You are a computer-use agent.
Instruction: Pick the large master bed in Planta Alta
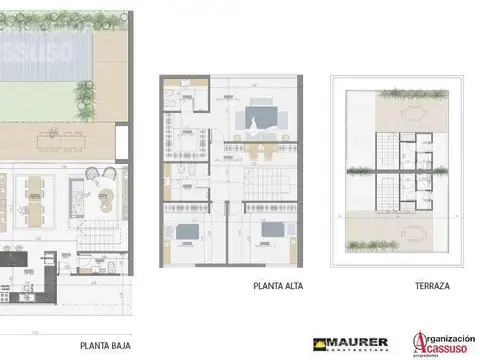258,119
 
